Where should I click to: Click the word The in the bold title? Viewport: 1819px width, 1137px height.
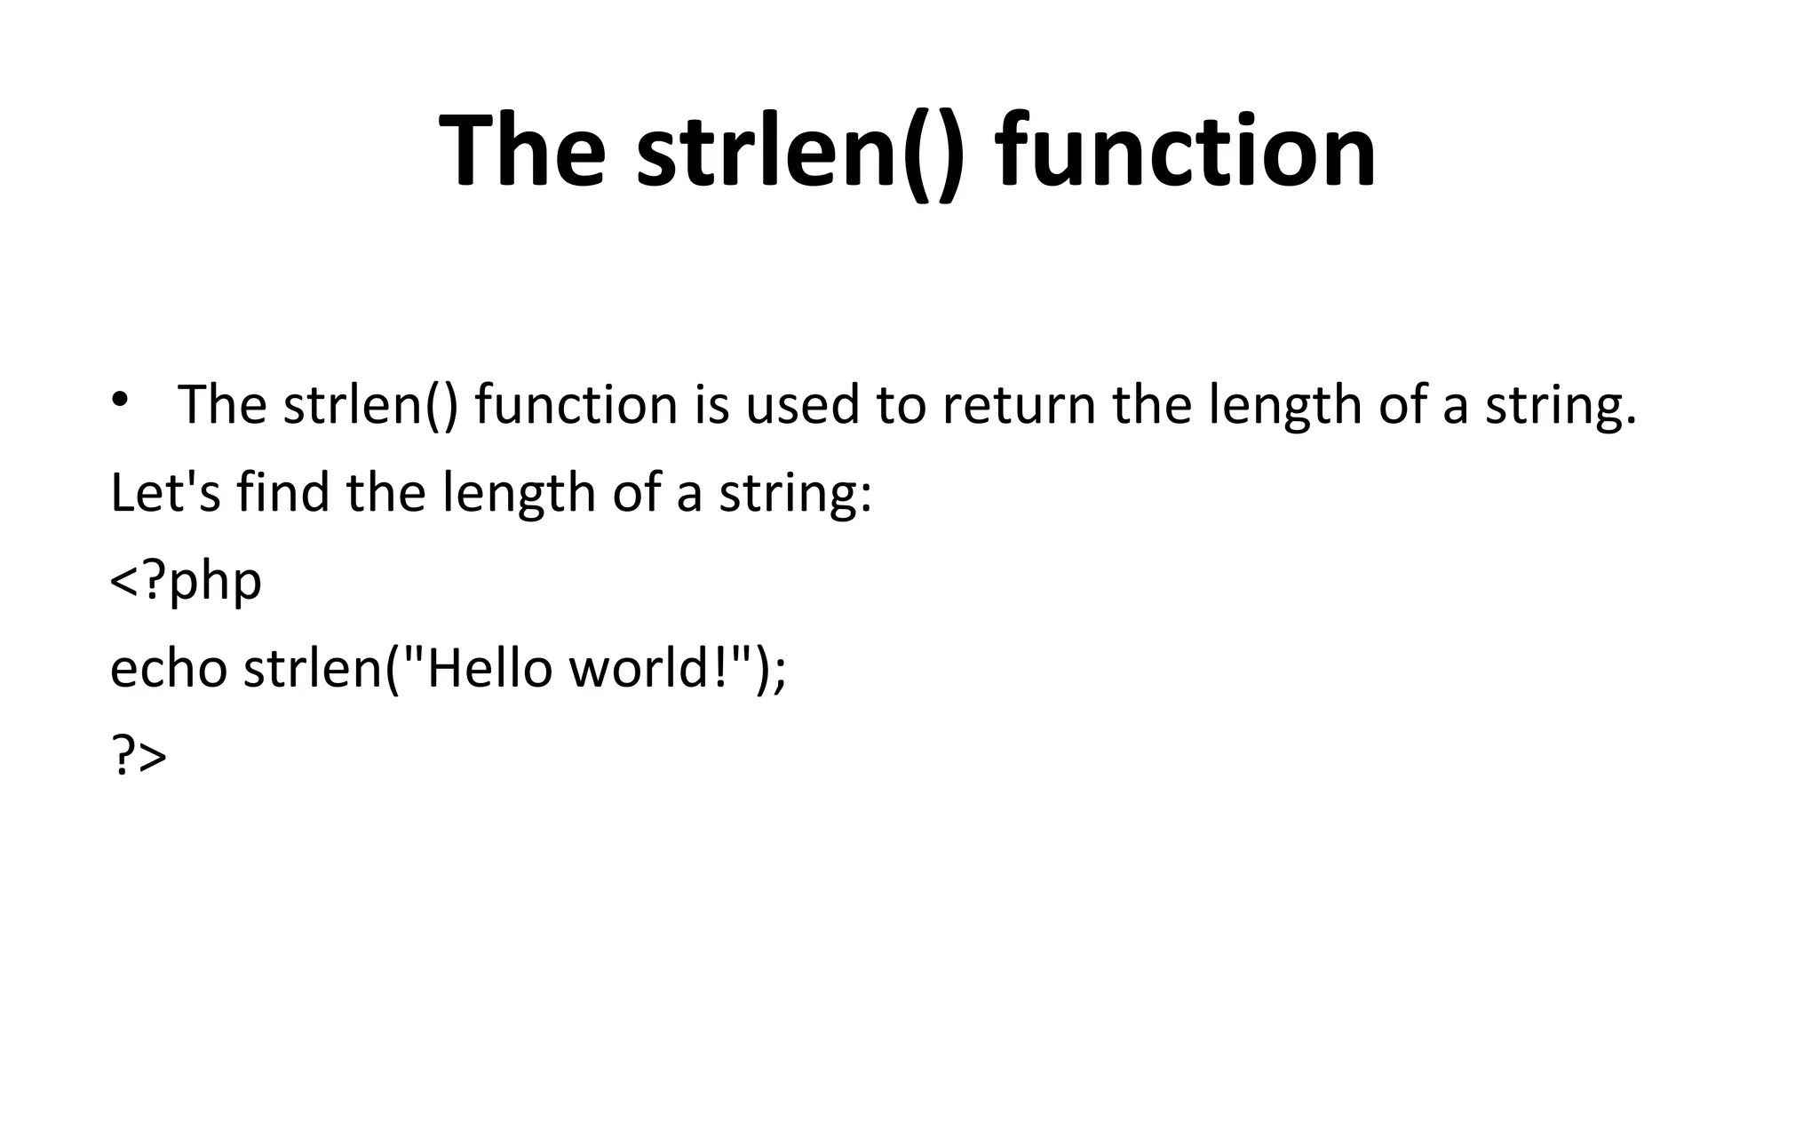tap(522, 151)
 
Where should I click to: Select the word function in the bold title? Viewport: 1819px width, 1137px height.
tap(1186, 151)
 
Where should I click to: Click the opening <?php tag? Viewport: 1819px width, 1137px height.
tap(186, 582)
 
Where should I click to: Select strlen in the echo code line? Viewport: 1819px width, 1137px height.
tap(312, 668)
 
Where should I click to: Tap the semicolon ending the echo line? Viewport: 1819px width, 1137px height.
tap(779, 672)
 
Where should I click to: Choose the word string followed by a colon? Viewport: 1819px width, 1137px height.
tap(790, 493)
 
